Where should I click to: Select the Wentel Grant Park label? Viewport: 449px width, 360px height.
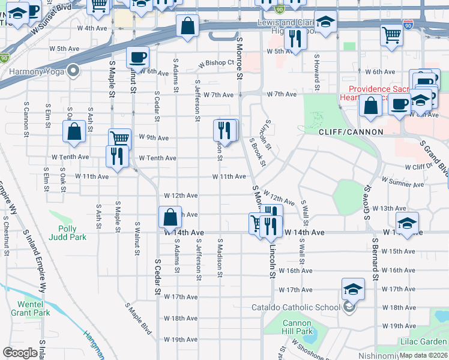(30, 308)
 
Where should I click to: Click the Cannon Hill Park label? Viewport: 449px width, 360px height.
(298, 327)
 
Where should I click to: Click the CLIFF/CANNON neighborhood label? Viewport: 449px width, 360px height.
(342, 131)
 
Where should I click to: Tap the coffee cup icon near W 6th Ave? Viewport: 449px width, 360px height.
(137, 58)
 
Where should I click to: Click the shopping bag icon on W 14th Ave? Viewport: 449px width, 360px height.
(170, 217)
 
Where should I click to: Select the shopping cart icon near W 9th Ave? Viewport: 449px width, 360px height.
(119, 139)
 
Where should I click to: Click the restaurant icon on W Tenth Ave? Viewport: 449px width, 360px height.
(115, 155)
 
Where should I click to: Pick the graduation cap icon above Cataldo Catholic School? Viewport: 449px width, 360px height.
(353, 289)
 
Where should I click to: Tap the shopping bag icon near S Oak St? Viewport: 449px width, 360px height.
(75, 132)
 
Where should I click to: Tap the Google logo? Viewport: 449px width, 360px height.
(20, 352)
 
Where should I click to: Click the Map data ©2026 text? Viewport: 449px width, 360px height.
(423, 355)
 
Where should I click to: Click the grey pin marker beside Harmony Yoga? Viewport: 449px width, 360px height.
(74, 71)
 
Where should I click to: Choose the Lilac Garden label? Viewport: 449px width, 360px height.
(424, 341)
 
